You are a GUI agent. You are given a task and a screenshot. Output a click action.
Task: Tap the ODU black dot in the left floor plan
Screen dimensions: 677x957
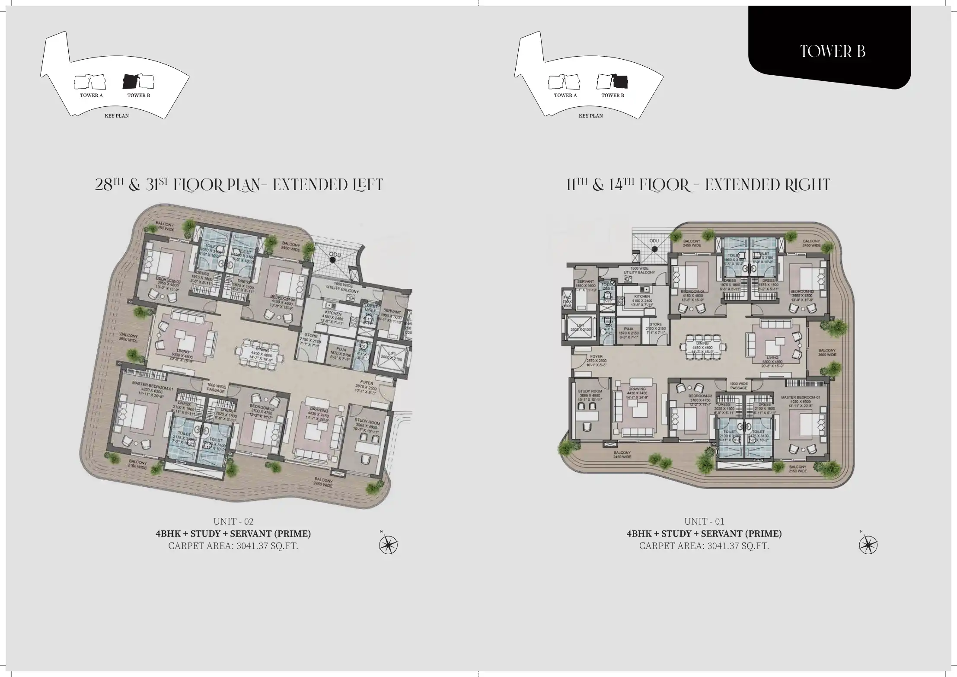click(x=332, y=260)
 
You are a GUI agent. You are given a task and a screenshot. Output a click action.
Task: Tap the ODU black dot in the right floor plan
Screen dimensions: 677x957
click(x=655, y=249)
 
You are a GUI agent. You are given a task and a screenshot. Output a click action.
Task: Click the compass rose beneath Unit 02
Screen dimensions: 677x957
click(x=388, y=544)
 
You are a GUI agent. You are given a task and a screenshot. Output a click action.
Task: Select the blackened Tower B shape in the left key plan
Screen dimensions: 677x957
click(x=130, y=81)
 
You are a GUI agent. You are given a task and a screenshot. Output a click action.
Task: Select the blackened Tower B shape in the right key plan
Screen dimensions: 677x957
click(x=620, y=81)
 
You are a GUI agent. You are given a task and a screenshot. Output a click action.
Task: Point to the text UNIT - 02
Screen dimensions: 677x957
click(x=233, y=521)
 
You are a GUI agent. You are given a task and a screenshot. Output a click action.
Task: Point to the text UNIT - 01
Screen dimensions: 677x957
click(x=704, y=521)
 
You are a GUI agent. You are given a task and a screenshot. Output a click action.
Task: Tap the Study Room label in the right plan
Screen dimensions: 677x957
click(x=590, y=391)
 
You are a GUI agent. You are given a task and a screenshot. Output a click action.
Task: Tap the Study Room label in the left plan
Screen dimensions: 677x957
click(x=367, y=421)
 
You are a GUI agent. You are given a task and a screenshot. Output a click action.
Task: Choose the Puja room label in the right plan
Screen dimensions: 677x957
click(x=628, y=329)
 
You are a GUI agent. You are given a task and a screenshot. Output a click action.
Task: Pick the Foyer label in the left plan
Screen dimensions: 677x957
click(x=367, y=382)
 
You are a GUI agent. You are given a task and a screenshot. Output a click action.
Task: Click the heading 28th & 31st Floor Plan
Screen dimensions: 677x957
click(x=239, y=185)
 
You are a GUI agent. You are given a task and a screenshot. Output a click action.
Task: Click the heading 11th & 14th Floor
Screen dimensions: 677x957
click(x=698, y=185)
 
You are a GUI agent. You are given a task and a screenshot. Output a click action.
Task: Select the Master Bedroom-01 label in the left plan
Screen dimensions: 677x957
click(x=153, y=385)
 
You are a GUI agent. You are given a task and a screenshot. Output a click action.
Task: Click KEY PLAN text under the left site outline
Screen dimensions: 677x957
click(x=117, y=116)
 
